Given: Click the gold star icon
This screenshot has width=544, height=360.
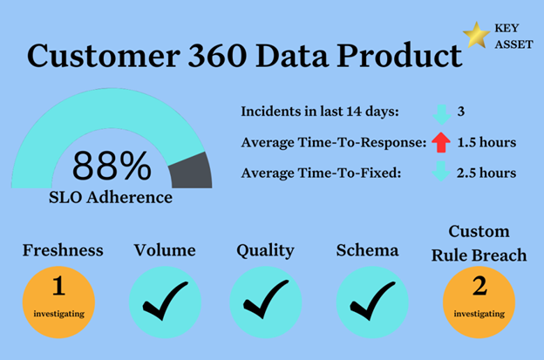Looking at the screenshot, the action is [476, 35].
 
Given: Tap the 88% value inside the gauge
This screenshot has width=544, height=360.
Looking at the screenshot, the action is [112, 166].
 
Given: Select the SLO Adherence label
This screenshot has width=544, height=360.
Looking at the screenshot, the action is [111, 198].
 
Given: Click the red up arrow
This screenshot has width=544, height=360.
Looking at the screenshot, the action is [441, 142].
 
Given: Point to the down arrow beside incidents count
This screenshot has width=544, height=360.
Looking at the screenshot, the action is [442, 115].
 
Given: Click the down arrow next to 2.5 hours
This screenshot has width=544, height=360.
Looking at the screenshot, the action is [441, 172].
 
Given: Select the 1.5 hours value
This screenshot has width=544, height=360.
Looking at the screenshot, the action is [486, 142].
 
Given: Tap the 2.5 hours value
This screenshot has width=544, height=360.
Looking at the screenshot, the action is [486, 173].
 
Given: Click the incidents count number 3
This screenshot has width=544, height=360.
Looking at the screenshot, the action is [460, 112].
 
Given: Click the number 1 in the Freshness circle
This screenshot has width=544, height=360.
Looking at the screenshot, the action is [58, 285].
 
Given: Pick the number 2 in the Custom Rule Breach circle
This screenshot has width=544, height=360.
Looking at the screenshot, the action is [479, 286].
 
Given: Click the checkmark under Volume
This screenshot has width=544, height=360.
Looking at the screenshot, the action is [165, 301].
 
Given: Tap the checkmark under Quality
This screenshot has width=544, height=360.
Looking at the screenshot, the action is [266, 299].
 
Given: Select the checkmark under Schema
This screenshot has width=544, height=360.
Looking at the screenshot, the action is [372, 301].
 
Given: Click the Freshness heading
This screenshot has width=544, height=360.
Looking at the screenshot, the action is [63, 250].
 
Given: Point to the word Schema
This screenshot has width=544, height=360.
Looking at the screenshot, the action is [367, 250].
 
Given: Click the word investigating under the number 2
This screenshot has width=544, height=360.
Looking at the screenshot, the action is [479, 314].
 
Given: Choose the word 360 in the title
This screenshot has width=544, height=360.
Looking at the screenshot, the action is [217, 56].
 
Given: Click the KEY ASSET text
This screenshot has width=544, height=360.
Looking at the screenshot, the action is [513, 36].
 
